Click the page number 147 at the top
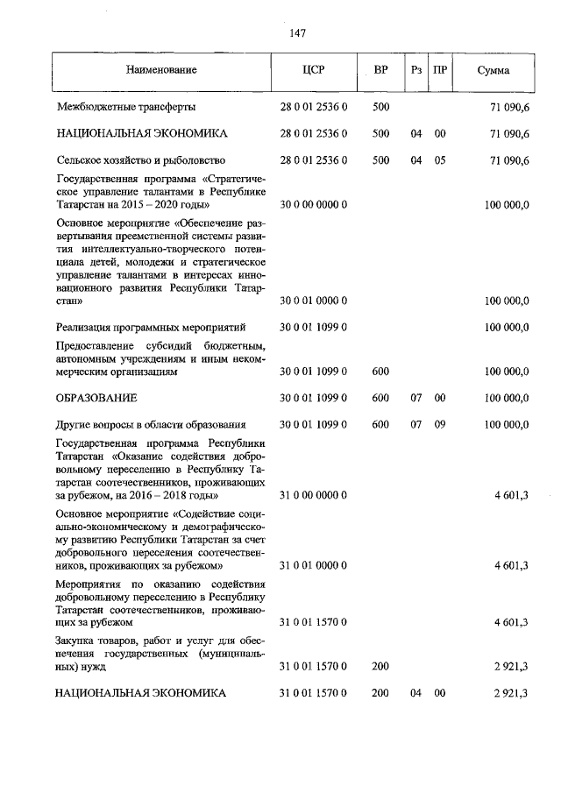pos(296,33)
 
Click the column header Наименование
pos(160,70)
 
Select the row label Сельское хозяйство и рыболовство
pos(140,160)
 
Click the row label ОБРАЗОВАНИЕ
pos(96,398)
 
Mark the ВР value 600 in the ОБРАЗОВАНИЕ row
pos(380,398)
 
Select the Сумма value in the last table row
pos(511,693)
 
